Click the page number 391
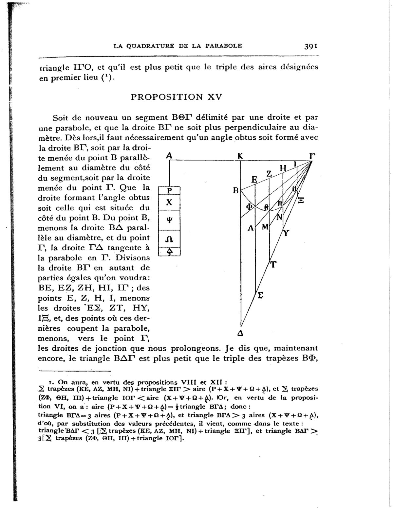[x=311, y=46]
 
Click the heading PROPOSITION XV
[x=176, y=97]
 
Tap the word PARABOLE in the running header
[x=223, y=46]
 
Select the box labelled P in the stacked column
[x=169, y=190]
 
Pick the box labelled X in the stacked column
[x=169, y=202]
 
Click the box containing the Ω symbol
[x=169, y=239]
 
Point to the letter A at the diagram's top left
[x=169, y=156]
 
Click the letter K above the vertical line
[x=240, y=156]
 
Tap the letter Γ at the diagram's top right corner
[x=312, y=156]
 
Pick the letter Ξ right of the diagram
[x=301, y=200]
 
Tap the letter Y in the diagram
[x=287, y=233]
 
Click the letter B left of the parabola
[x=235, y=190]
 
